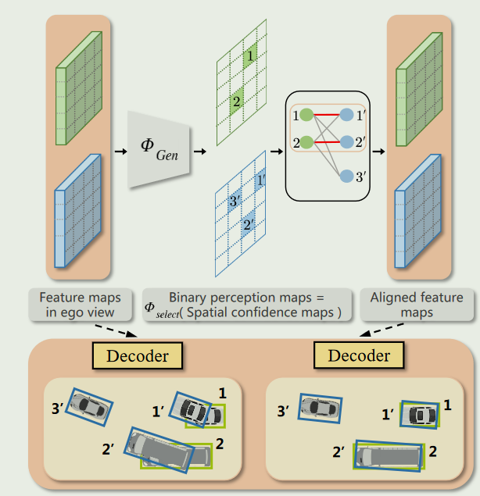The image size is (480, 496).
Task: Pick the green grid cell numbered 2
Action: coord(237,101)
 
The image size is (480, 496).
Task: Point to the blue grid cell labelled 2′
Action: coord(248,224)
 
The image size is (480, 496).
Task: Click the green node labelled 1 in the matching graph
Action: coord(307,116)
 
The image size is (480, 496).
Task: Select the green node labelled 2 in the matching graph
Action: coord(307,142)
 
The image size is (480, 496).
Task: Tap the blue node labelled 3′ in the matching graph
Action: coord(347,177)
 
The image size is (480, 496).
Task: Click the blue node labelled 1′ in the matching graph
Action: coord(347,116)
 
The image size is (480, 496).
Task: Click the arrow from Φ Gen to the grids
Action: coord(199,151)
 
